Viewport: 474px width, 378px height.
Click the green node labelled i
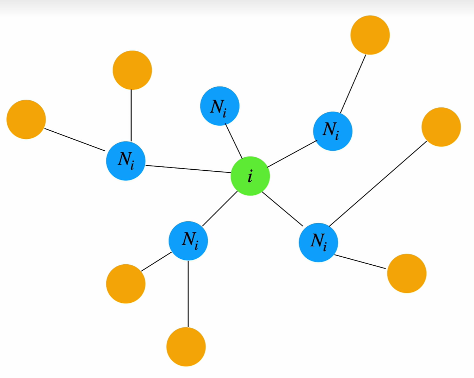(250, 176)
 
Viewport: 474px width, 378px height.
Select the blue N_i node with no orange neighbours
(220, 106)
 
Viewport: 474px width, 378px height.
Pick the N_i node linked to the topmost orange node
(333, 131)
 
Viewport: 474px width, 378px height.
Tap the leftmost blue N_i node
(126, 161)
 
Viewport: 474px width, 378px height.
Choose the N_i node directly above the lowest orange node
(188, 241)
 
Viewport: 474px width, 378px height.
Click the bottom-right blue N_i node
(318, 242)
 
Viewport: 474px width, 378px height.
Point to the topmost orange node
(370, 35)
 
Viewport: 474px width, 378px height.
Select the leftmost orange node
(26, 119)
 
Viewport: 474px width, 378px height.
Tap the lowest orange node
(186, 347)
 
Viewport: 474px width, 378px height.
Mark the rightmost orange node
(441, 127)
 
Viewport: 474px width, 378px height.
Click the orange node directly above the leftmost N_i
(133, 70)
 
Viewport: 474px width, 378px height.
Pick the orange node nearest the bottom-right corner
(407, 273)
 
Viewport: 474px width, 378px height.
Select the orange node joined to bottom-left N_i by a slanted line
(126, 284)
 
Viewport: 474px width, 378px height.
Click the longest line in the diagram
(378, 183)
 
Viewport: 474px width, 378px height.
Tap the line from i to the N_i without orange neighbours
(234, 141)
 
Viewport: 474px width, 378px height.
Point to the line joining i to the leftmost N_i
(188, 169)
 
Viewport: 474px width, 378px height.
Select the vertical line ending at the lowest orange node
(188, 294)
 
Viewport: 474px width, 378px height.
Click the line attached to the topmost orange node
(353, 84)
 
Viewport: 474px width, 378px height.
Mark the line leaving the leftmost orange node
(75, 140)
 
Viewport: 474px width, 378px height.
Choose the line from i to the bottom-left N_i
(220, 209)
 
